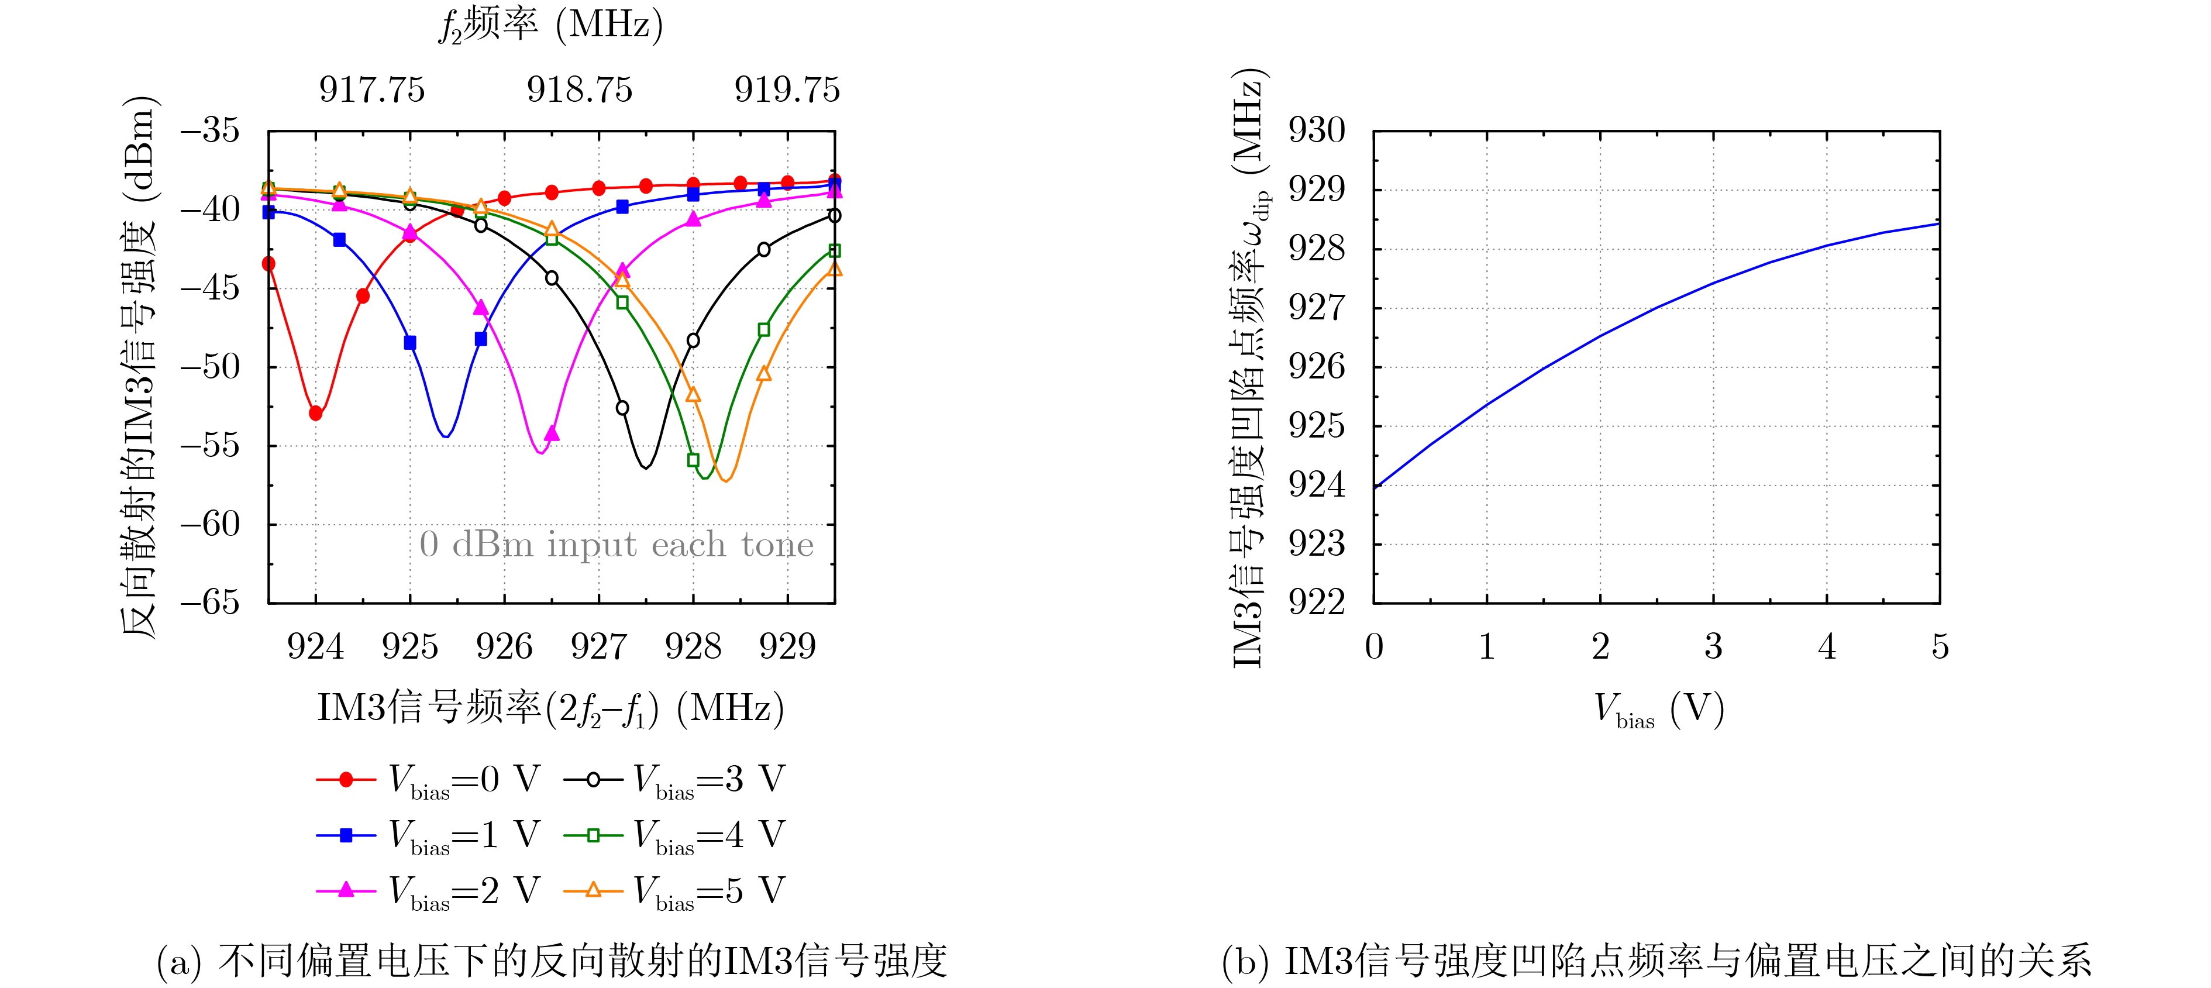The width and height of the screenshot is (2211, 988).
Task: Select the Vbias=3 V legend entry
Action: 674,779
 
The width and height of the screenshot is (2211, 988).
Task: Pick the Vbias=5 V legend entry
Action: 674,890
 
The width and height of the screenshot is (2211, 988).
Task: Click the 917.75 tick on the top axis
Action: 371,89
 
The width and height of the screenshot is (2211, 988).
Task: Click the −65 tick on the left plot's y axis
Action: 211,602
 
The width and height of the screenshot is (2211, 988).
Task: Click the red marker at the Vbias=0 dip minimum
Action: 316,414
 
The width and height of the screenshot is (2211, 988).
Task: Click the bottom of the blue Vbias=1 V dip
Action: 446,436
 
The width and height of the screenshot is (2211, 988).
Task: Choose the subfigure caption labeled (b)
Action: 1656,961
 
